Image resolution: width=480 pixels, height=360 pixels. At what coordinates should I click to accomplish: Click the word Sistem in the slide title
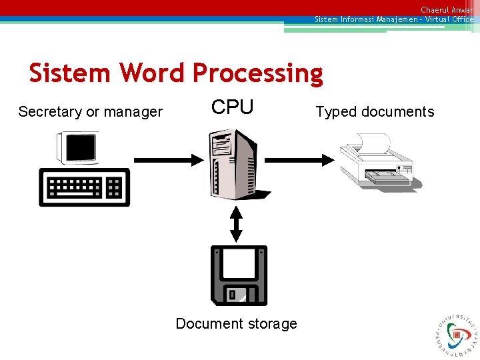(69, 73)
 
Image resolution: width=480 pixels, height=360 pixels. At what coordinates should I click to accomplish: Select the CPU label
(232, 107)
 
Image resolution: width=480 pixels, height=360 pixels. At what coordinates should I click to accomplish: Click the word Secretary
(50, 112)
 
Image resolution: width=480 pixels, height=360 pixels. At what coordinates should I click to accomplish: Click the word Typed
(336, 112)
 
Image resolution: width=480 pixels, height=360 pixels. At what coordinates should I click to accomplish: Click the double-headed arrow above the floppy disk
(236, 224)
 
